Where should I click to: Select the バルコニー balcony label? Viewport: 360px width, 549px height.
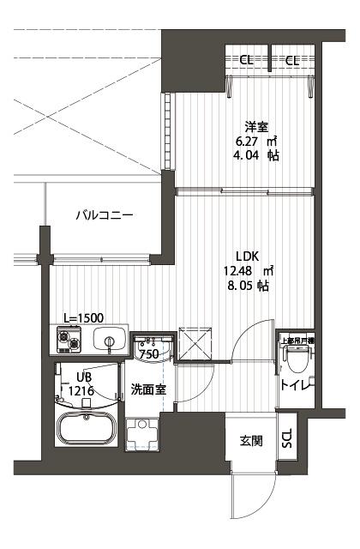click(x=104, y=215)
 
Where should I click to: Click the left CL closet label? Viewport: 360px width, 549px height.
click(x=246, y=60)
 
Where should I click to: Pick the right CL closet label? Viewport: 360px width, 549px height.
click(x=292, y=60)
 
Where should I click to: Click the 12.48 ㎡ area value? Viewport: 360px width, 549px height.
click(x=254, y=270)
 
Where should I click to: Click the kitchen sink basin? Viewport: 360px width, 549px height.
click(x=109, y=341)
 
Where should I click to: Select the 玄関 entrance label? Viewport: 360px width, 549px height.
click(x=250, y=442)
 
